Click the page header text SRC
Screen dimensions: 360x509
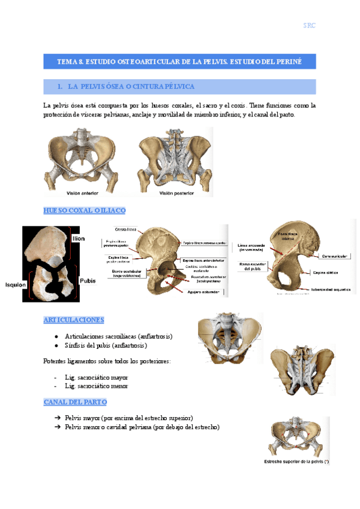[309, 25]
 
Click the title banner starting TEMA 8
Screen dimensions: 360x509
[179, 61]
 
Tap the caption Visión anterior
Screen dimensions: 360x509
[82, 193]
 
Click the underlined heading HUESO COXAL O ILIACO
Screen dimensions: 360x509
[84, 211]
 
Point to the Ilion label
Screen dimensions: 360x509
[79, 238]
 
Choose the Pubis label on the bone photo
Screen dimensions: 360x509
[88, 281]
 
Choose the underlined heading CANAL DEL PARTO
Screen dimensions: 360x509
[75, 402]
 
